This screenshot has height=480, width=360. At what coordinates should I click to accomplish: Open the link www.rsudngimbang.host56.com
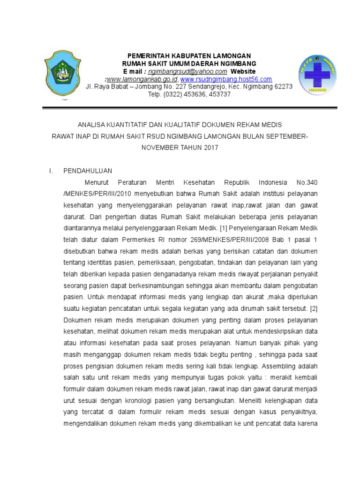tap(226, 79)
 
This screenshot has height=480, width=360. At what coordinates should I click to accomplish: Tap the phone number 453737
tap(219, 94)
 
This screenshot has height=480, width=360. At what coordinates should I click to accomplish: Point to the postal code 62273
tap(282, 87)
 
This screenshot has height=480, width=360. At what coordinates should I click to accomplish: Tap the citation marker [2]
tap(313, 308)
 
